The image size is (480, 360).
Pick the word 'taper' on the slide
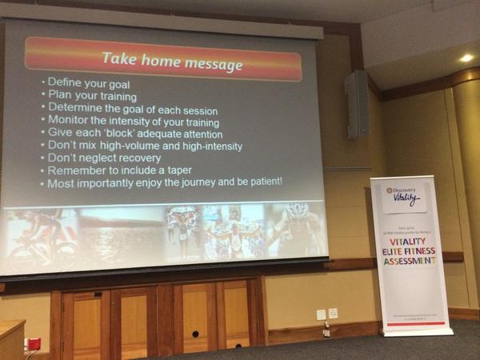pyautogui.click(x=176, y=170)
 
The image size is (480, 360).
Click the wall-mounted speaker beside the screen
pyautogui.click(x=357, y=104)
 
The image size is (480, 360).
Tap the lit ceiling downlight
pyautogui.click(x=466, y=58)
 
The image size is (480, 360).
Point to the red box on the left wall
pyautogui.click(x=34, y=344)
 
